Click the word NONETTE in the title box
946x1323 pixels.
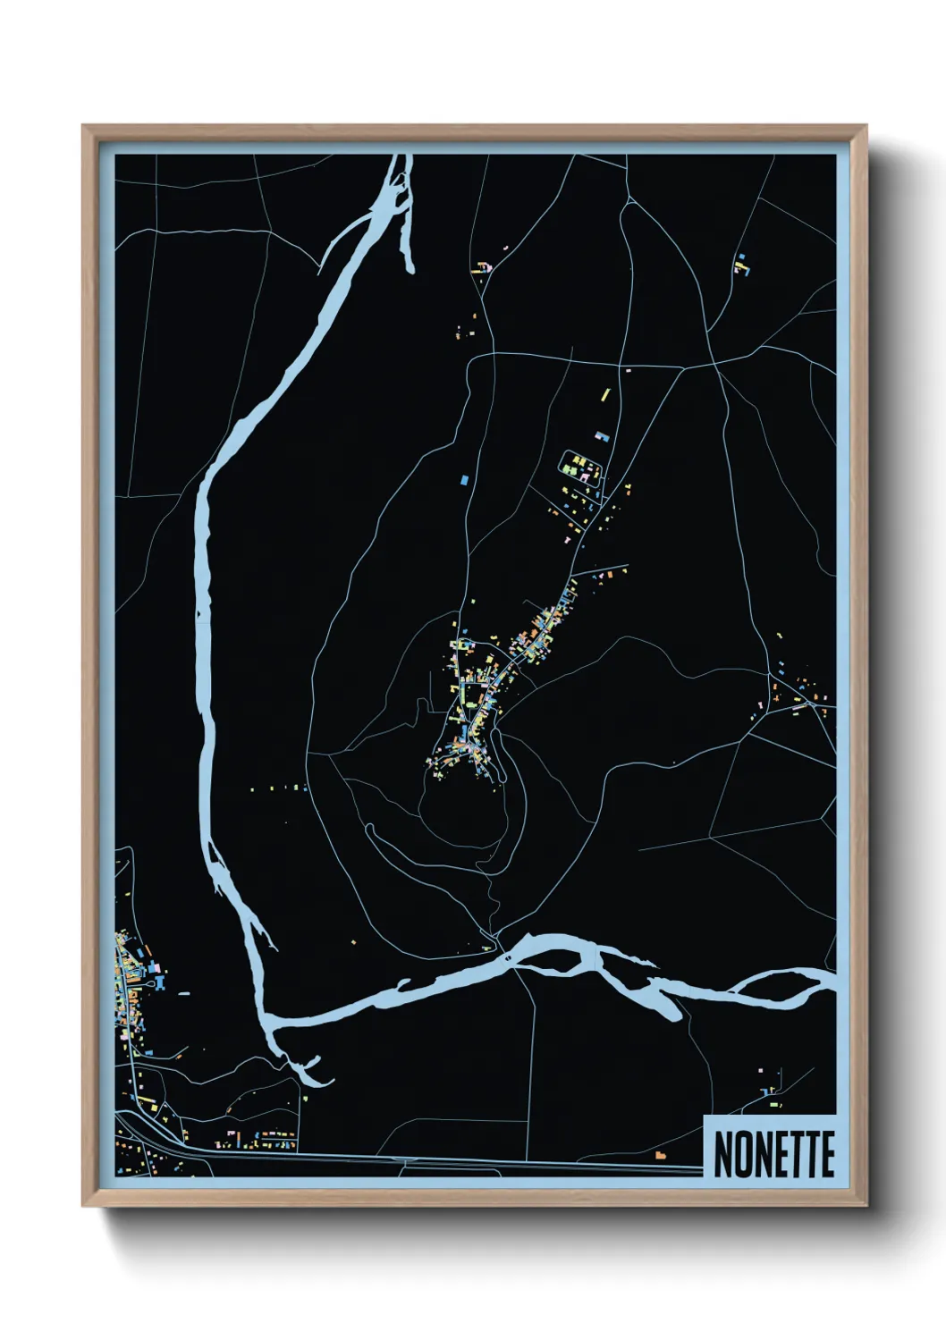[773, 1154]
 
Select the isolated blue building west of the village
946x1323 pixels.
[463, 480]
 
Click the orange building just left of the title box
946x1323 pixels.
[661, 1156]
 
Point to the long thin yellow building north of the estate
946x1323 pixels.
[605, 393]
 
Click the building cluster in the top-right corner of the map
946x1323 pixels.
[740, 264]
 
